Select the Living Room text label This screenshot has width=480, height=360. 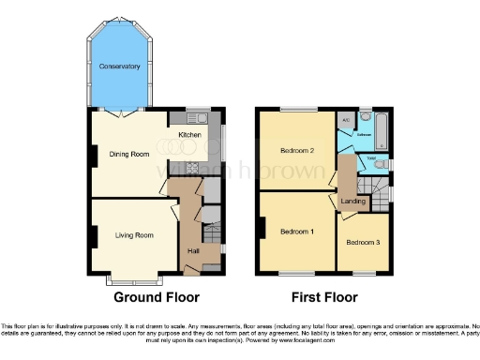[x=133, y=234]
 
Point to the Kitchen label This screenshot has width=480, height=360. [x=189, y=135]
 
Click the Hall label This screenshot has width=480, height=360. [x=194, y=250]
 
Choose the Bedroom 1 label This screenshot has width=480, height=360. [x=298, y=231]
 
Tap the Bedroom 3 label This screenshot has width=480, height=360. [x=362, y=243]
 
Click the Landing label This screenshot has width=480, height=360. [x=353, y=201]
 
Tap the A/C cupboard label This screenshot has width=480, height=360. [x=345, y=122]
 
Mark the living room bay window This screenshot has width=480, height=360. [x=131, y=279]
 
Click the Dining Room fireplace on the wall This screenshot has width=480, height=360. [x=94, y=156]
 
